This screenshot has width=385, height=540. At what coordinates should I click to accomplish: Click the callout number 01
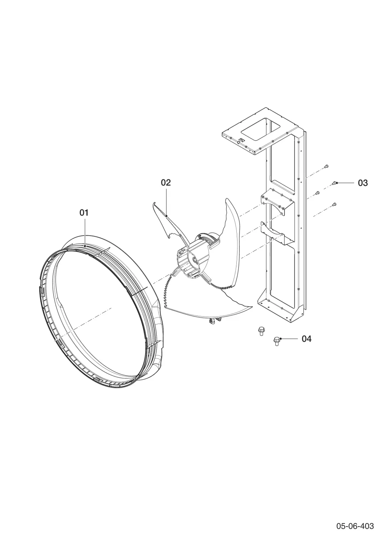(x=84, y=213)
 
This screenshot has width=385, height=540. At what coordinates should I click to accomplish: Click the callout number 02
(x=166, y=182)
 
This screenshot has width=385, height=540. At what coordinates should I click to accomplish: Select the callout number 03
(x=363, y=183)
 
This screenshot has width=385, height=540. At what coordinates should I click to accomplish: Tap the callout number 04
(x=306, y=339)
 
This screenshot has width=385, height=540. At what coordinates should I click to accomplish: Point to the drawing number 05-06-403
(x=355, y=524)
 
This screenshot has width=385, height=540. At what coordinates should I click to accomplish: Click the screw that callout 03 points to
(x=334, y=183)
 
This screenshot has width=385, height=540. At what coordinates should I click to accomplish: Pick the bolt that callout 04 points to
(x=276, y=341)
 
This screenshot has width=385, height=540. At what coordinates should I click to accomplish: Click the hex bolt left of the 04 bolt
(x=260, y=331)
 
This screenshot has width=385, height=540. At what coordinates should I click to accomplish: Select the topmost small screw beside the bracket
(x=326, y=166)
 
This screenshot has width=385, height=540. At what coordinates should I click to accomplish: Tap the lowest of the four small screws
(x=334, y=204)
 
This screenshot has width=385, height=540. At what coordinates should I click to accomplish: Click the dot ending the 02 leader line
(x=166, y=215)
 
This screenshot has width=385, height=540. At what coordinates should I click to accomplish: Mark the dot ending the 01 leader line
(x=85, y=246)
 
